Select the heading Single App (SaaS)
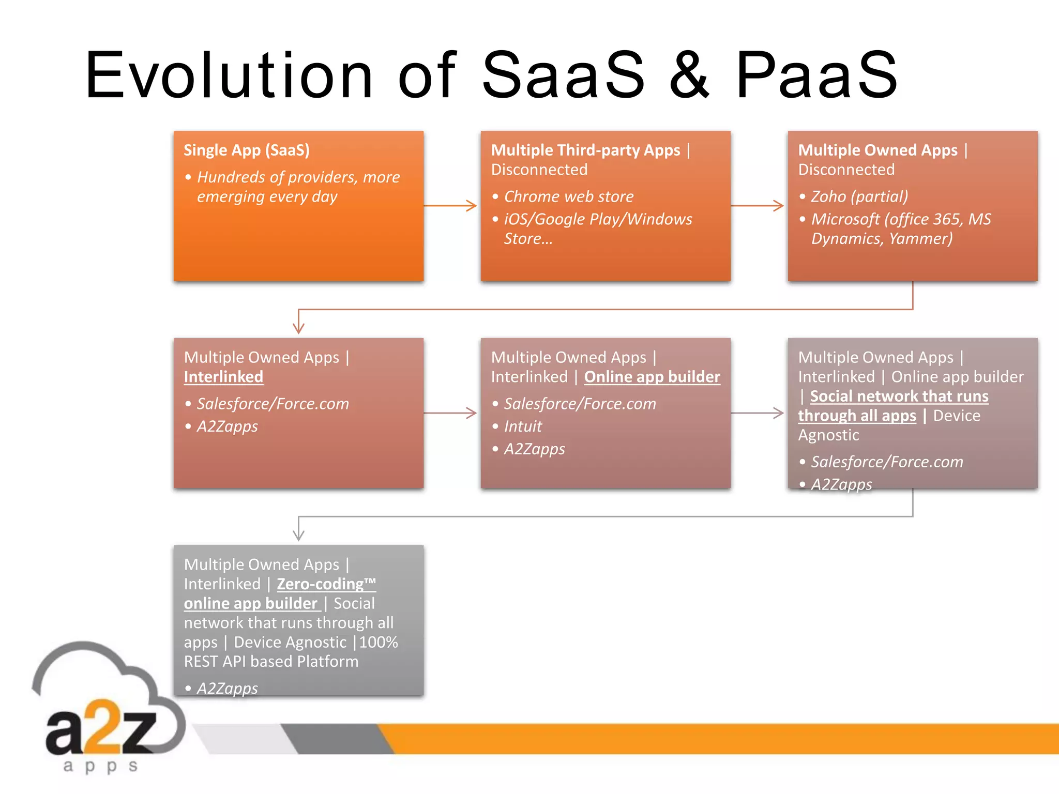pyautogui.click(x=247, y=150)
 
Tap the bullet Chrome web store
pyautogui.click(x=568, y=196)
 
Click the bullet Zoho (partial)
pyautogui.click(x=859, y=196)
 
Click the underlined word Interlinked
pyautogui.click(x=223, y=377)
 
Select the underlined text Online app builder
pyautogui.click(x=652, y=377)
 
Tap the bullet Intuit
pyautogui.click(x=523, y=426)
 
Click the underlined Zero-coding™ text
pyautogui.click(x=326, y=584)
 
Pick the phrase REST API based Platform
pyautogui.click(x=271, y=662)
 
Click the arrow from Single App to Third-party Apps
pyautogui.click(x=450, y=206)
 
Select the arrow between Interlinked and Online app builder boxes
pyautogui.click(x=450, y=413)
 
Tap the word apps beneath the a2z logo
pyautogui.click(x=101, y=766)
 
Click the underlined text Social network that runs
pyautogui.click(x=899, y=396)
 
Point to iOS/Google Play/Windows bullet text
pyautogui.click(x=598, y=219)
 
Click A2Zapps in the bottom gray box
pyautogui.click(x=227, y=689)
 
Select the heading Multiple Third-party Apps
pyautogui.click(x=585, y=150)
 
